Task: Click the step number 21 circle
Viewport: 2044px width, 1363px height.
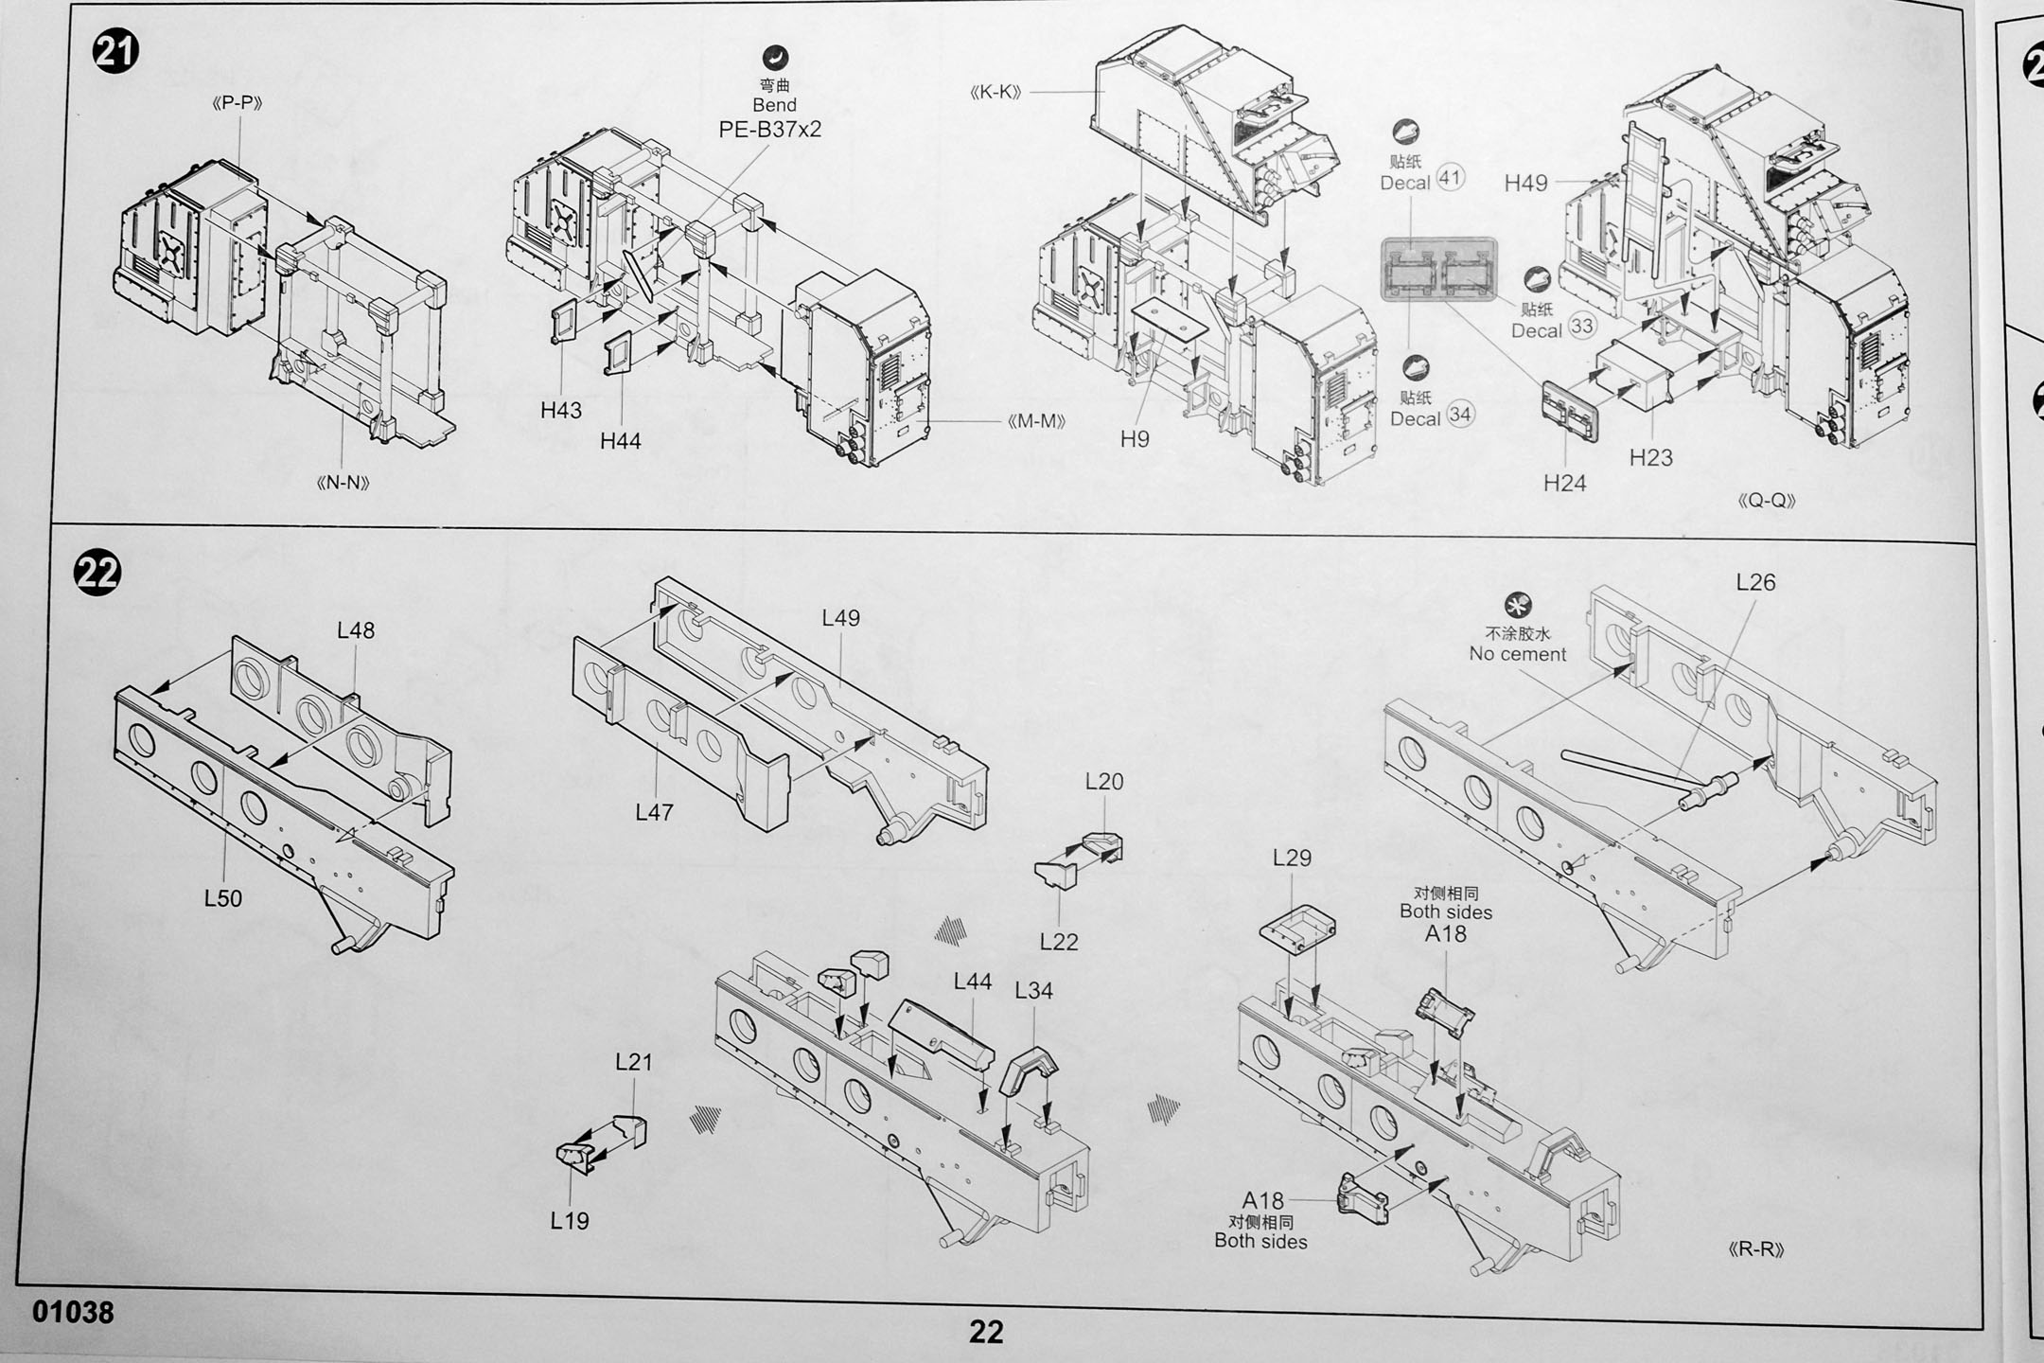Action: click(x=115, y=52)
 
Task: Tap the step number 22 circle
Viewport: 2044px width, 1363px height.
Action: click(x=97, y=573)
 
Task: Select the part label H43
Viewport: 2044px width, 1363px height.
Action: click(x=561, y=410)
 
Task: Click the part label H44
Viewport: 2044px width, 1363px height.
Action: click(x=620, y=440)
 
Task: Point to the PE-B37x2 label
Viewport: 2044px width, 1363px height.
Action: click(x=770, y=130)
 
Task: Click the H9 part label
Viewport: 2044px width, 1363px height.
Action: click(x=1135, y=438)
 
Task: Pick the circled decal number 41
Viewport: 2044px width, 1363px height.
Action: click(x=1450, y=178)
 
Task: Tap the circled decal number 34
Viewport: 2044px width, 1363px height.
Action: click(x=1460, y=415)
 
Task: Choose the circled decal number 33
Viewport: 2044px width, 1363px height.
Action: click(x=1581, y=327)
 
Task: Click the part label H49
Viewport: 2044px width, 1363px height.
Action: click(x=1525, y=183)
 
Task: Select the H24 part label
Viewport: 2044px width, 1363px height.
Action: click(x=1564, y=483)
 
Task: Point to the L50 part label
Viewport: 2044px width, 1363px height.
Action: click(x=223, y=897)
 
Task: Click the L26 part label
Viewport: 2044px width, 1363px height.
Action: click(x=1755, y=582)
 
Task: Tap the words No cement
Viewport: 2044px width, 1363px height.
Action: click(x=1517, y=654)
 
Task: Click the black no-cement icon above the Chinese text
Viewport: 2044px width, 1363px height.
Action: click(x=1518, y=605)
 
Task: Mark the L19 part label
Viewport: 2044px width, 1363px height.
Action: click(x=570, y=1220)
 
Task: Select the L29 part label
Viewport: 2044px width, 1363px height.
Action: click(x=1292, y=858)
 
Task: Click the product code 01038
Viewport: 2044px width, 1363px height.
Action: click(x=73, y=1312)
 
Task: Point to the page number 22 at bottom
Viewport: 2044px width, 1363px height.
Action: click(x=985, y=1332)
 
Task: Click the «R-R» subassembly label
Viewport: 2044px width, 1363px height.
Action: click(x=1755, y=1249)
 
